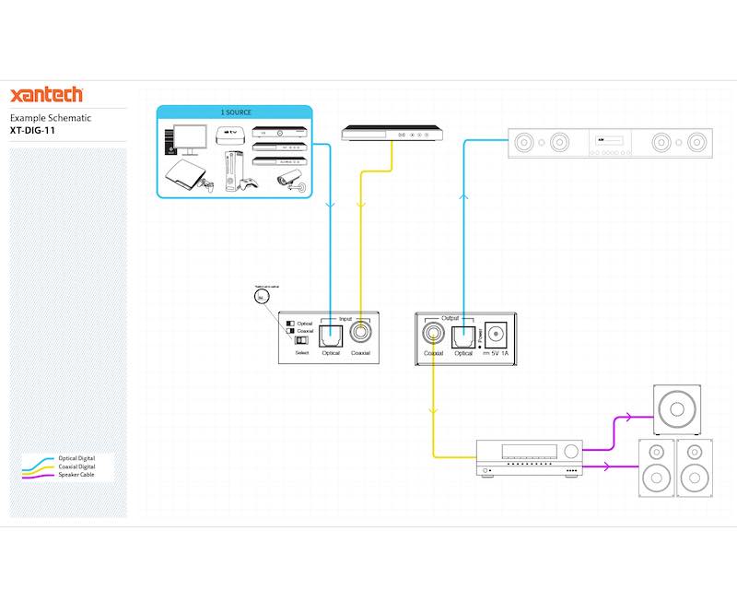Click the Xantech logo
click(46, 95)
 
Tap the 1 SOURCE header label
click(235, 112)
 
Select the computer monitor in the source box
click(191, 140)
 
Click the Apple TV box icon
click(230, 136)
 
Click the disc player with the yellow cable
click(392, 136)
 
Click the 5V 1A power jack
click(497, 333)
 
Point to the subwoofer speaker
click(679, 409)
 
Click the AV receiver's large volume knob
click(572, 453)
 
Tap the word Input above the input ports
click(345, 318)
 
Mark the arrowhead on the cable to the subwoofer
click(628, 417)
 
